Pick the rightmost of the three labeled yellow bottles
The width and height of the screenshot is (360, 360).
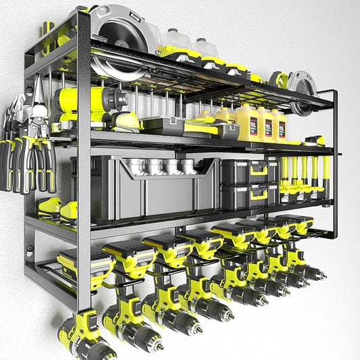[x=279, y=126]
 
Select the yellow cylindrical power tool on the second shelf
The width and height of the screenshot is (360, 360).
[x=88, y=101]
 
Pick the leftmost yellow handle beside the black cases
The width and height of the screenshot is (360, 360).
[x=284, y=176]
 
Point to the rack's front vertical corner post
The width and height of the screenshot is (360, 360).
[x=84, y=169]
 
